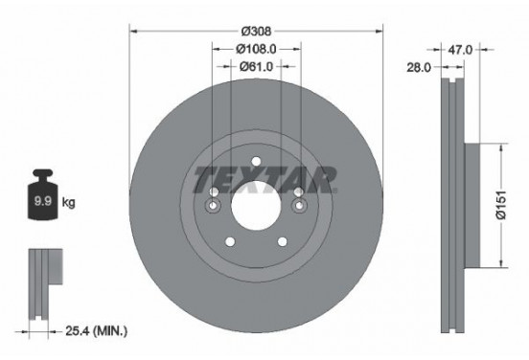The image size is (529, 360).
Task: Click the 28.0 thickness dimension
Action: [419, 67]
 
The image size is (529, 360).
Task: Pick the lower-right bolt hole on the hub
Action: [281, 241]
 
